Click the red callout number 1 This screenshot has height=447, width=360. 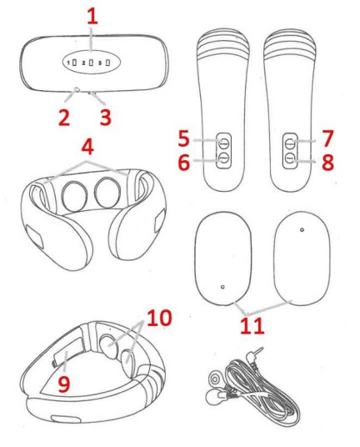92,17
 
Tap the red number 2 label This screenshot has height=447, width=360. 64,118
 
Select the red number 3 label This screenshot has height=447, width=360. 105,118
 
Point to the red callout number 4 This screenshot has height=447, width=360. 87,147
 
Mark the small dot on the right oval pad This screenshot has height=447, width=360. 302,229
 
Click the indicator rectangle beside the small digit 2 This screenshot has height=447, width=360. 91,62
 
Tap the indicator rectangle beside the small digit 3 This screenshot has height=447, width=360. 107,62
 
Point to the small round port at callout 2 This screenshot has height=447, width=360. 77,90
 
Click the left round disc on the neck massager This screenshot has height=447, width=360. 74,194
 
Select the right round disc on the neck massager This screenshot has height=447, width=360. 107,193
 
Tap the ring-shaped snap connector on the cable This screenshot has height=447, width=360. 214,379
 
